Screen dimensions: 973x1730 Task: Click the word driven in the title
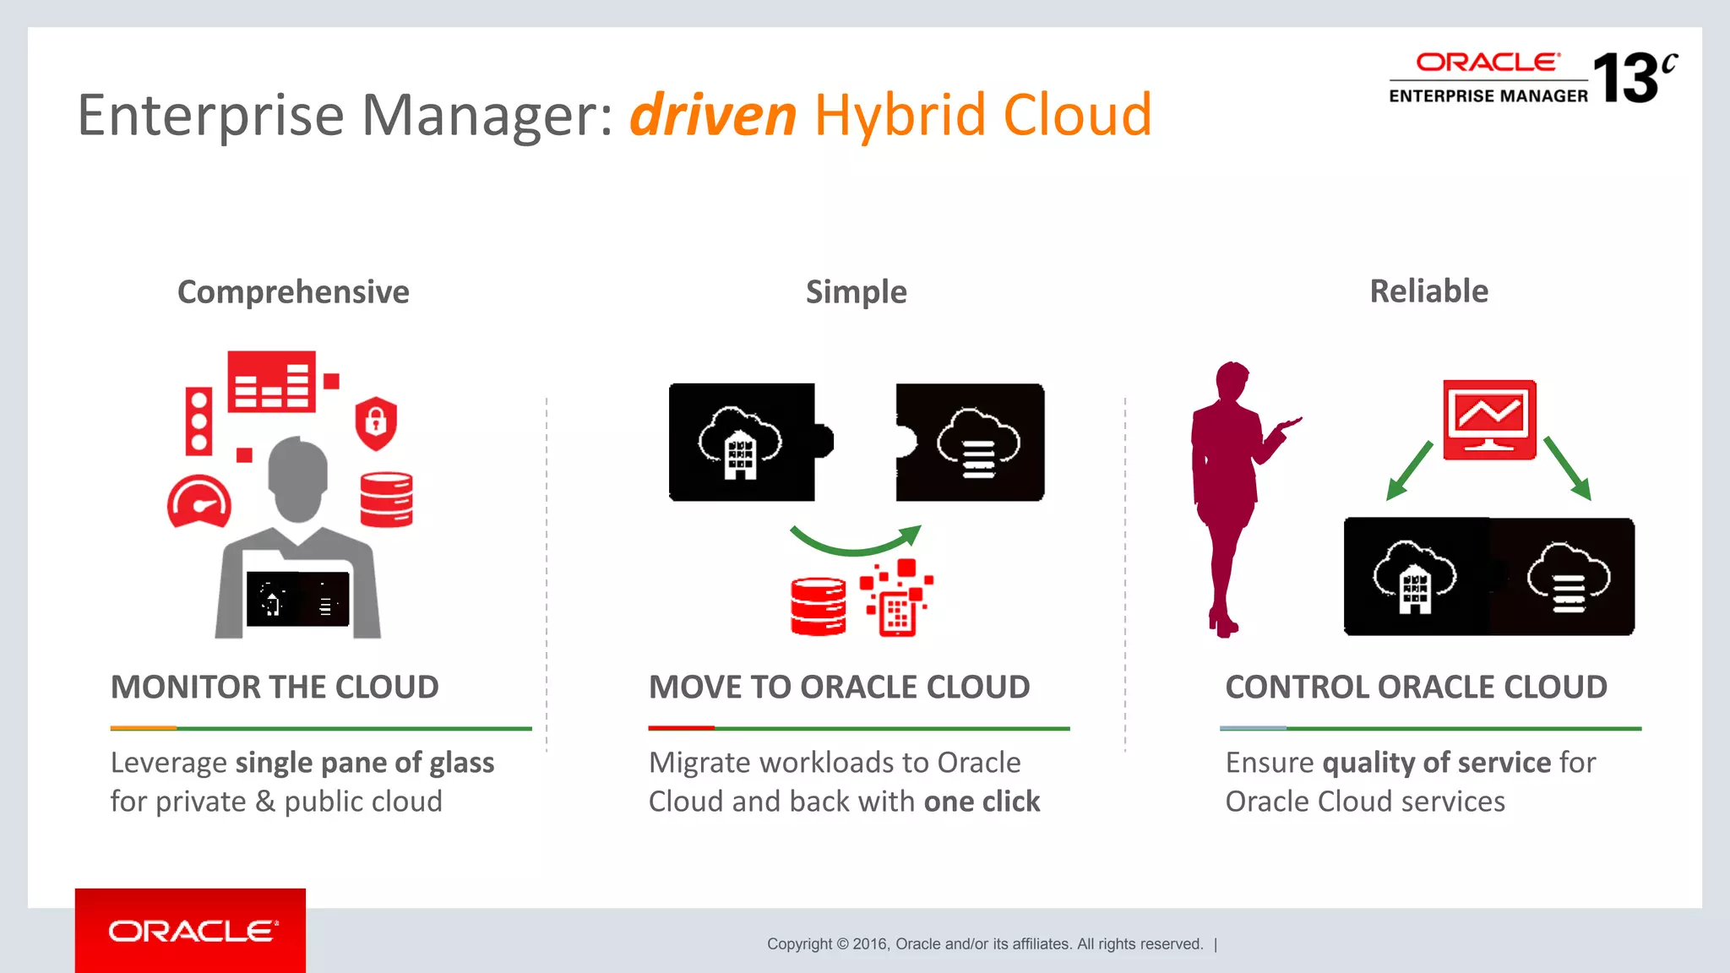point(713,115)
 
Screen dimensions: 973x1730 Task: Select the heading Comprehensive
point(293,292)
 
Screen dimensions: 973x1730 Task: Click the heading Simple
point(856,292)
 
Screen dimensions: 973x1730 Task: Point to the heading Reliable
point(1428,291)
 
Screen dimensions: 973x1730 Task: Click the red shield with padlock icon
point(376,422)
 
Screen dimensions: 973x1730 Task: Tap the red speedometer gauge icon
point(199,503)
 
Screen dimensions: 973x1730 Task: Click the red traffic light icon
point(199,421)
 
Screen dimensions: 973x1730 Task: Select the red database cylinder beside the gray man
point(386,499)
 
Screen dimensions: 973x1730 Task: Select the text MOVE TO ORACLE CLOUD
point(839,688)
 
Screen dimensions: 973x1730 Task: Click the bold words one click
point(982,802)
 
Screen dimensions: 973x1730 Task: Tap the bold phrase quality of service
point(1436,763)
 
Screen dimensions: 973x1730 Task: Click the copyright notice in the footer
point(984,944)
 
